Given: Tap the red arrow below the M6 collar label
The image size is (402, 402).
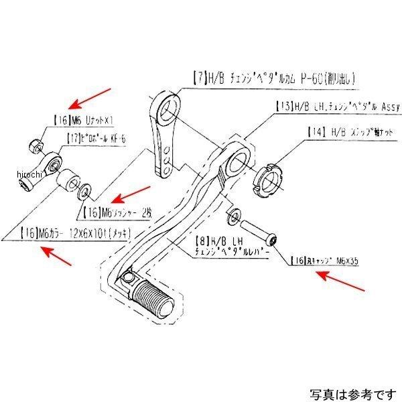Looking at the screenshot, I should point(57,257).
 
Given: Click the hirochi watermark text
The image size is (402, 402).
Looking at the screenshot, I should point(27,175).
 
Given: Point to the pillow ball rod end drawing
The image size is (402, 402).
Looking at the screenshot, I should point(49,165).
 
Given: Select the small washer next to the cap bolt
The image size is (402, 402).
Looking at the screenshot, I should point(234,216).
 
